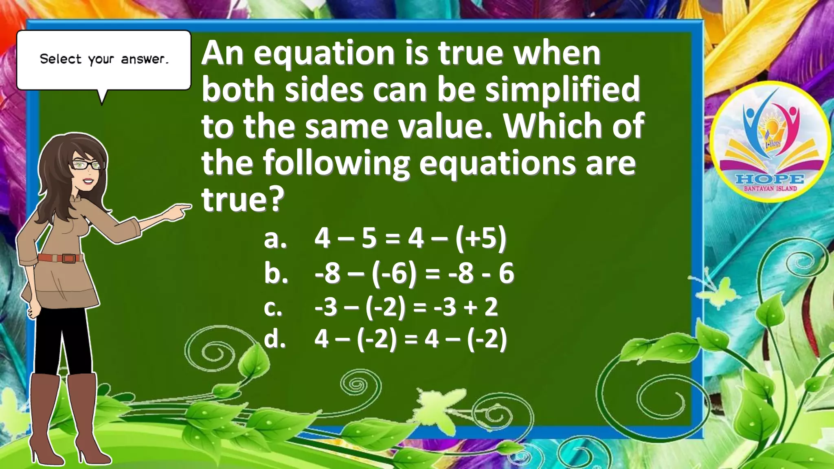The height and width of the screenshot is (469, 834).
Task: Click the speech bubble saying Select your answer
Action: [104, 59]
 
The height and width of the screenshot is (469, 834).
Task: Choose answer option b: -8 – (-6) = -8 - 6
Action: [414, 273]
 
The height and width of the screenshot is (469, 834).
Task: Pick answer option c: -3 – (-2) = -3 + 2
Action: [406, 307]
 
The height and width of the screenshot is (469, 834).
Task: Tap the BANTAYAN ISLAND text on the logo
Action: [770, 188]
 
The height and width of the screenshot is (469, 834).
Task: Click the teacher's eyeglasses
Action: [88, 165]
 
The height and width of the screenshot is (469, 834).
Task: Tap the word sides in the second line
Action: [324, 90]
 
